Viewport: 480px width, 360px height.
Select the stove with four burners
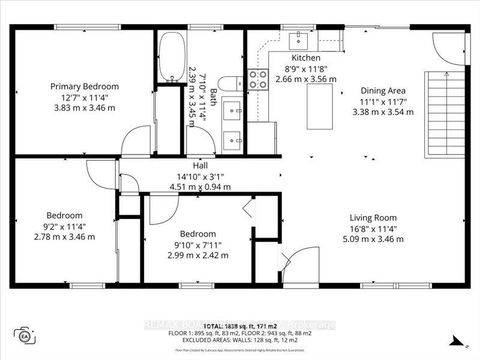(258, 80)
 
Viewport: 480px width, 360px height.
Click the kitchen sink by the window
(298, 40)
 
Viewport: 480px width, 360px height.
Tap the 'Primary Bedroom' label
(85, 87)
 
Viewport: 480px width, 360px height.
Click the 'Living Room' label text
(373, 217)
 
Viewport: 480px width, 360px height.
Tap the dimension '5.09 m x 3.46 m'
(373, 240)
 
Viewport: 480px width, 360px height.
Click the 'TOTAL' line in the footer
(239, 327)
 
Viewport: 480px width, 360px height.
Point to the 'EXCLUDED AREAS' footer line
(239, 341)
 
